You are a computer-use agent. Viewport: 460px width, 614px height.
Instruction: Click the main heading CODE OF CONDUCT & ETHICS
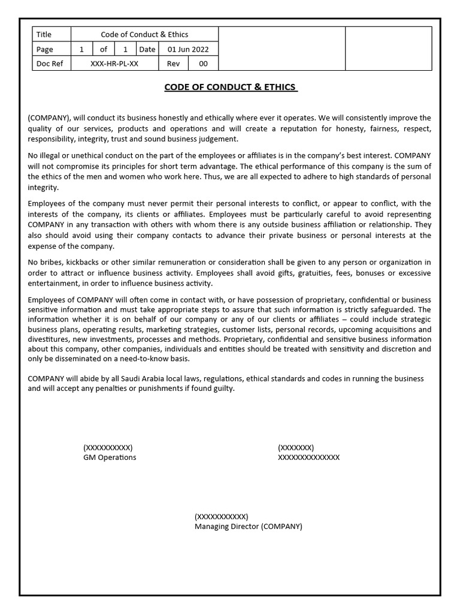point(231,88)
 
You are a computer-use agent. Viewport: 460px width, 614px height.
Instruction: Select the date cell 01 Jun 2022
point(188,49)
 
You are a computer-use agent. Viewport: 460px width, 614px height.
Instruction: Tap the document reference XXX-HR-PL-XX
point(114,64)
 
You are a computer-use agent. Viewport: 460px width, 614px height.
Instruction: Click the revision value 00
point(203,64)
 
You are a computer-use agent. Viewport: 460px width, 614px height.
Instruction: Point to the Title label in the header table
point(44,35)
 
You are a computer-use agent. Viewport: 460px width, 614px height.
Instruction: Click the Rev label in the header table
point(173,64)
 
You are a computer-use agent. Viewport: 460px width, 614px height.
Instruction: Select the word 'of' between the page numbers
point(104,49)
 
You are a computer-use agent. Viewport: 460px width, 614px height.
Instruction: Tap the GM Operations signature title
point(110,458)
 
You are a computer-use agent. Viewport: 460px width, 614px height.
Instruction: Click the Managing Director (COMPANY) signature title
point(248,526)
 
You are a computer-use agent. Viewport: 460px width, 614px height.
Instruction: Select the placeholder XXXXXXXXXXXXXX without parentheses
point(308,458)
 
